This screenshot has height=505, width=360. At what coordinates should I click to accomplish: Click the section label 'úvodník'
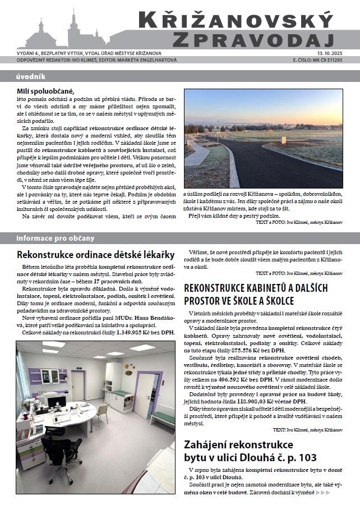click(30, 77)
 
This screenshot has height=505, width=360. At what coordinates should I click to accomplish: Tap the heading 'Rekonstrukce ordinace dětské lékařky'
click(96, 255)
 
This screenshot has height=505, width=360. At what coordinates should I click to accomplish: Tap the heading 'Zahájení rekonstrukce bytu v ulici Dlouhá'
click(250, 452)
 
